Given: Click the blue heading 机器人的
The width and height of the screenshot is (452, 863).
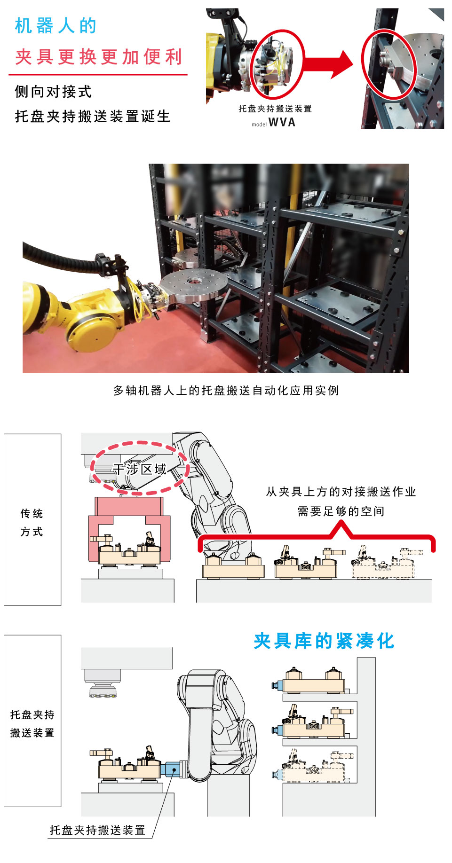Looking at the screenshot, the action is click(56, 26).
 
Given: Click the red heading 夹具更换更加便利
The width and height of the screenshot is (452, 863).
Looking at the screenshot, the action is click(98, 57).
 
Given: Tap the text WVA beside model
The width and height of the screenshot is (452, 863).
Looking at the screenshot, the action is click(282, 122).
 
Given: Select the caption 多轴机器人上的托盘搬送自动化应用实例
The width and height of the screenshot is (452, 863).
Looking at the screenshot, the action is click(226, 391).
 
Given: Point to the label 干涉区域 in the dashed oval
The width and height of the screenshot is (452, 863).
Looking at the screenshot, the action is click(140, 469).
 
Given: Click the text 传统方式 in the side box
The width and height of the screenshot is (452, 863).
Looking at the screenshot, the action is click(32, 522).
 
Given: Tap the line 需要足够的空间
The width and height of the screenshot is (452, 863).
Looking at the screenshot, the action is click(341, 511).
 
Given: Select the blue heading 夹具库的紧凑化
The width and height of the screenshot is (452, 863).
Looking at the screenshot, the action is click(324, 641).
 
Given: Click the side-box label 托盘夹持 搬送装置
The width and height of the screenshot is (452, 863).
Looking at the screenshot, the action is click(32, 723).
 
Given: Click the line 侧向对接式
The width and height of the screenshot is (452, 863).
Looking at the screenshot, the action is click(53, 92).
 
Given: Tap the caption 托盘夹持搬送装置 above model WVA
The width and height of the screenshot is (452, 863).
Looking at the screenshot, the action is click(275, 109).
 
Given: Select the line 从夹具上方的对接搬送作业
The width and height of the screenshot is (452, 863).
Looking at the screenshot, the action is click(341, 492).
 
